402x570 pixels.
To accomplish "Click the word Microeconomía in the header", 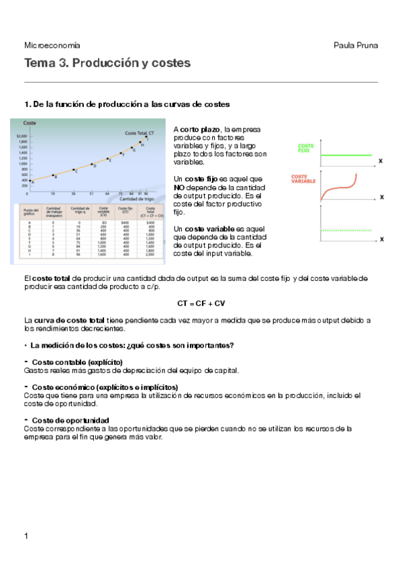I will coord(52,45).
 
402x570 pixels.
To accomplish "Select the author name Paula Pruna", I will coord(356,45).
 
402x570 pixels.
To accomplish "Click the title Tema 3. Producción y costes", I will coord(107,63).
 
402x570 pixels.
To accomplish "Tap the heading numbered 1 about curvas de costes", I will coord(127,104).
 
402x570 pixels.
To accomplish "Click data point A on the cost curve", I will coord(31,179).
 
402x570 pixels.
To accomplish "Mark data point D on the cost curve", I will coord(92,164).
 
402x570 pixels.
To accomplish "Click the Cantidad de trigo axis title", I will coord(137,199).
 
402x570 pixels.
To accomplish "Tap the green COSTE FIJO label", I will coord(305,148).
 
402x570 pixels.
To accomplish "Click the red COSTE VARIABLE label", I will coord(303,178).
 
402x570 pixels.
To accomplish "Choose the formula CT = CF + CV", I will coord(201,303).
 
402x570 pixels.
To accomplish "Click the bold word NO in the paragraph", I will coord(179,188).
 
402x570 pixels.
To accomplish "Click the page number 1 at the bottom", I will coord(26,535).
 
